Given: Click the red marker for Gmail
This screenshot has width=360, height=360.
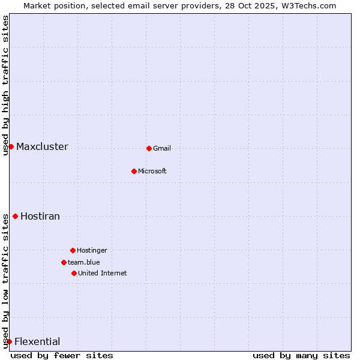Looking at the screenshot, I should tap(149, 148).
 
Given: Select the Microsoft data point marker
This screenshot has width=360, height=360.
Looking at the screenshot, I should tap(134, 171).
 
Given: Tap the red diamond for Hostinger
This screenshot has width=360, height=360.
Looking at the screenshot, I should tap(73, 250).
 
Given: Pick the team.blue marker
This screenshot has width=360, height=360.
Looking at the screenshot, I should tap(64, 262).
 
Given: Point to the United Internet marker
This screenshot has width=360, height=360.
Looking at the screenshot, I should tap(74, 273).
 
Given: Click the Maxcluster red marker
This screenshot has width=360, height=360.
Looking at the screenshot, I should tap(11, 146).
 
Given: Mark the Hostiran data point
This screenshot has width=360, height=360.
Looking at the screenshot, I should tap(15, 216).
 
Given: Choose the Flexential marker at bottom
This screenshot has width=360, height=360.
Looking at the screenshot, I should tap(9, 341).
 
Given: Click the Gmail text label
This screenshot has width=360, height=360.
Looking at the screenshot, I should tap(162, 148).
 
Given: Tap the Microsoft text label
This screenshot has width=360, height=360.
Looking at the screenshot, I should tap(152, 171).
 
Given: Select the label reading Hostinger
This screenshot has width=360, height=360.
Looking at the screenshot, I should tap(92, 250).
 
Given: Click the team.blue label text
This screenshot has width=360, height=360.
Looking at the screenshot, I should tap(84, 262).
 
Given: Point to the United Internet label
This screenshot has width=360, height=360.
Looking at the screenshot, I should tap(103, 273).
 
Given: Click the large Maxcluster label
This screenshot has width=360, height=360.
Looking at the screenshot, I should tap(42, 146).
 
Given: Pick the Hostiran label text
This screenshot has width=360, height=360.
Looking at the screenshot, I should tap(40, 216).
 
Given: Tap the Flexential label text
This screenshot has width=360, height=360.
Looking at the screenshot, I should tap(37, 341).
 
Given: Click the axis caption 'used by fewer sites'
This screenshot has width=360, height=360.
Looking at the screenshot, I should tap(62, 355).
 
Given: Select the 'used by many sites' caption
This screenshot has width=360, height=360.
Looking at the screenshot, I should tap(301, 355).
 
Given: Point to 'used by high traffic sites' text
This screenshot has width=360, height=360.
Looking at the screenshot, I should tap(6, 85).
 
